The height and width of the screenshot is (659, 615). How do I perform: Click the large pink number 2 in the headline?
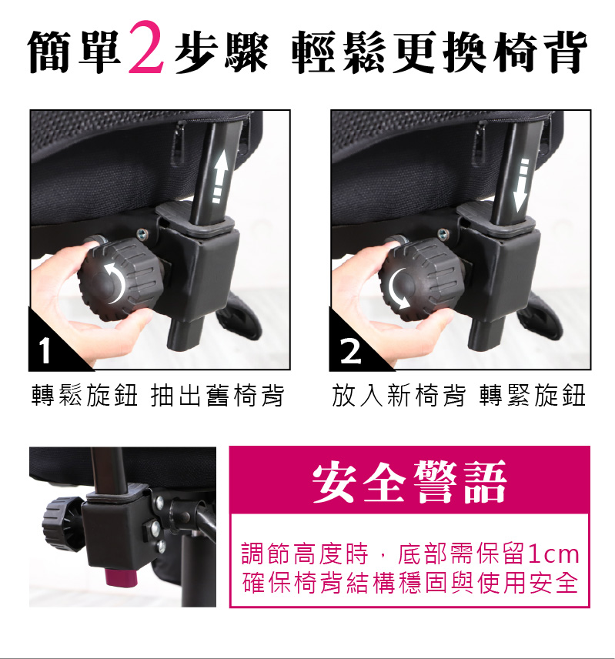tap(145, 47)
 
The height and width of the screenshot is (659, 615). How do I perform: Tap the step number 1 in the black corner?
tap(45, 350)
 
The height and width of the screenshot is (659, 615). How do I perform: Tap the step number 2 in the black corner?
tap(350, 351)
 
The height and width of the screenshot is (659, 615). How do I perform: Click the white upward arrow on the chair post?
tap(219, 177)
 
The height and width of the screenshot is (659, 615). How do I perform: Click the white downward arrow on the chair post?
tap(522, 186)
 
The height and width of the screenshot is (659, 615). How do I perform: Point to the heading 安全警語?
tap(409, 481)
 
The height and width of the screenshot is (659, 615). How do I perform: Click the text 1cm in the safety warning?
tap(553, 554)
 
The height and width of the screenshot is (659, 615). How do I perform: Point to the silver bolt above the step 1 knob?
tap(142, 234)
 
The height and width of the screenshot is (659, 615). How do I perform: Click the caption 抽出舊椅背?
tap(217, 396)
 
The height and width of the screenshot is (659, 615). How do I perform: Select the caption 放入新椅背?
tap(399, 396)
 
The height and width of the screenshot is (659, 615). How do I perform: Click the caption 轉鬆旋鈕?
tap(85, 396)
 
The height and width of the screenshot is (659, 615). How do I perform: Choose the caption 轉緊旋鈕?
tap(533, 396)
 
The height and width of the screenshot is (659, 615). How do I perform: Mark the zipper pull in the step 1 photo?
tap(178, 143)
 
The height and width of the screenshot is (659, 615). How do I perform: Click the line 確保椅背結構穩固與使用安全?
tap(410, 583)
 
